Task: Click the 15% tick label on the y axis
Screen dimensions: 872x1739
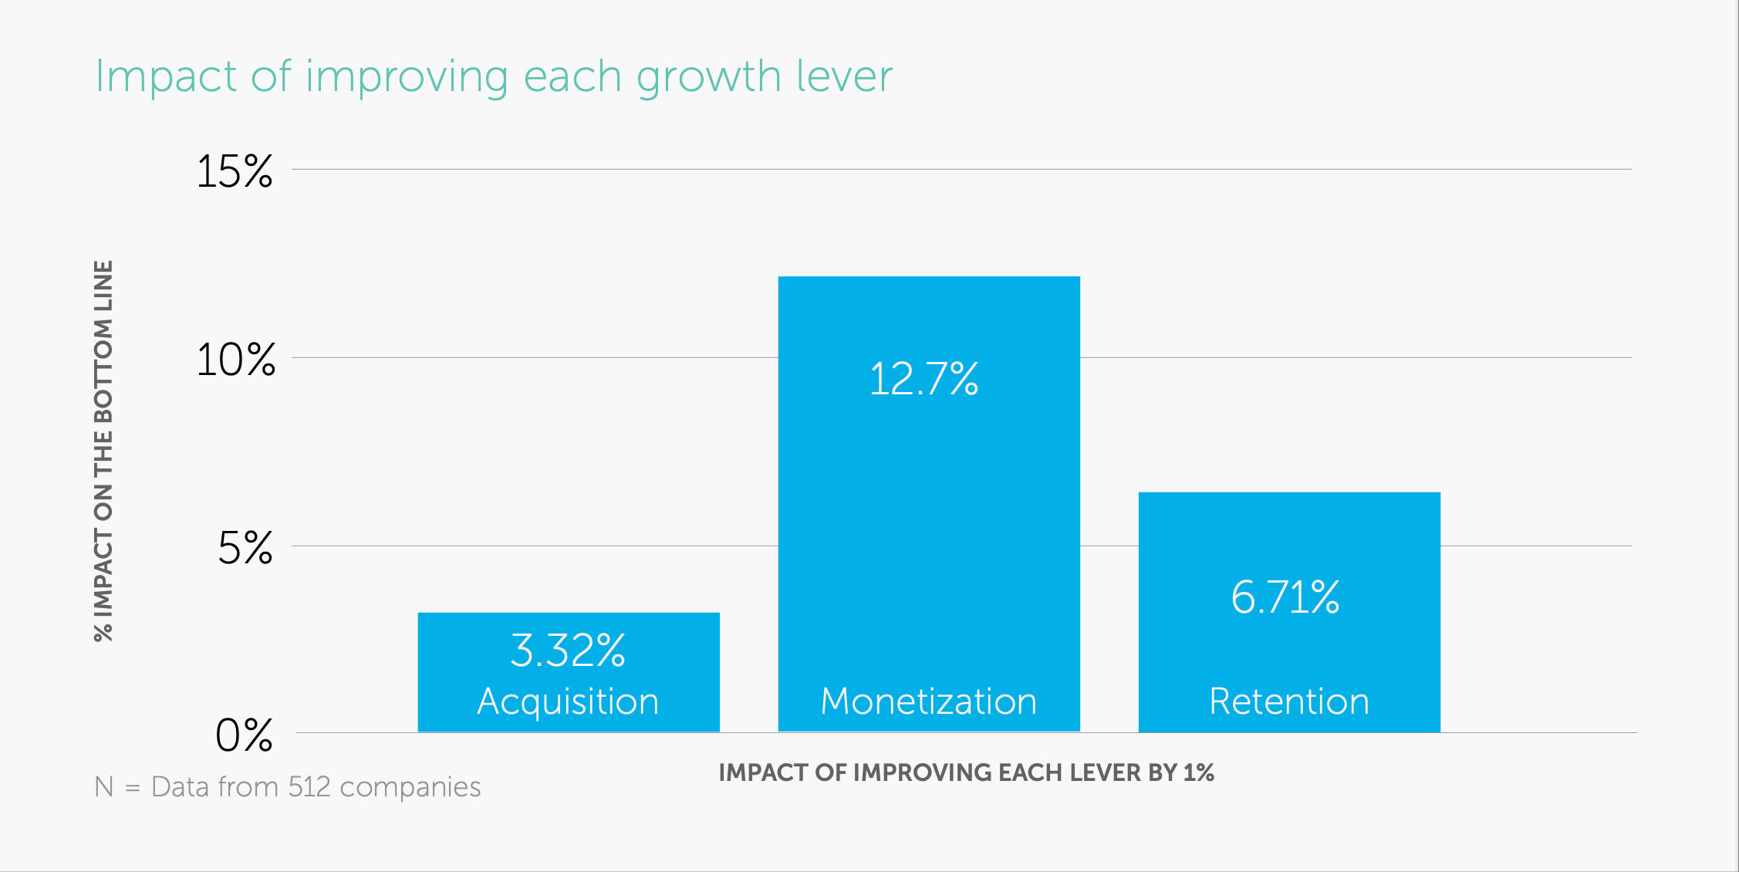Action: (235, 171)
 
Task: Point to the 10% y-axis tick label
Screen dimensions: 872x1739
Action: (235, 360)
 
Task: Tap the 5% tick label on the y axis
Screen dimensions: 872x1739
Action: (245, 548)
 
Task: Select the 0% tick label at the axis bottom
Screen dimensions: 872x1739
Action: (244, 735)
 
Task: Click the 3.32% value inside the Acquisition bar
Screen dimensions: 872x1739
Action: (568, 651)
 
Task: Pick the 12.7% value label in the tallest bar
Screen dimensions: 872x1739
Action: (924, 380)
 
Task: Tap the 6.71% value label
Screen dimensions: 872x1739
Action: (1285, 597)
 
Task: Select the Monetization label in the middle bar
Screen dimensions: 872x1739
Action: (928, 701)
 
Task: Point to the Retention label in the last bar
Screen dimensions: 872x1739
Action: (1288, 701)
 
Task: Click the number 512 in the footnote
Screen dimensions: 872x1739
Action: (309, 787)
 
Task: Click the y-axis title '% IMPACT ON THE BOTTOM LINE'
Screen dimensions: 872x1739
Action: (103, 451)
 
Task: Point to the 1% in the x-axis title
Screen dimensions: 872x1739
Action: (1198, 772)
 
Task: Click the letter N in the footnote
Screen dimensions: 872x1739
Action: (103, 787)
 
